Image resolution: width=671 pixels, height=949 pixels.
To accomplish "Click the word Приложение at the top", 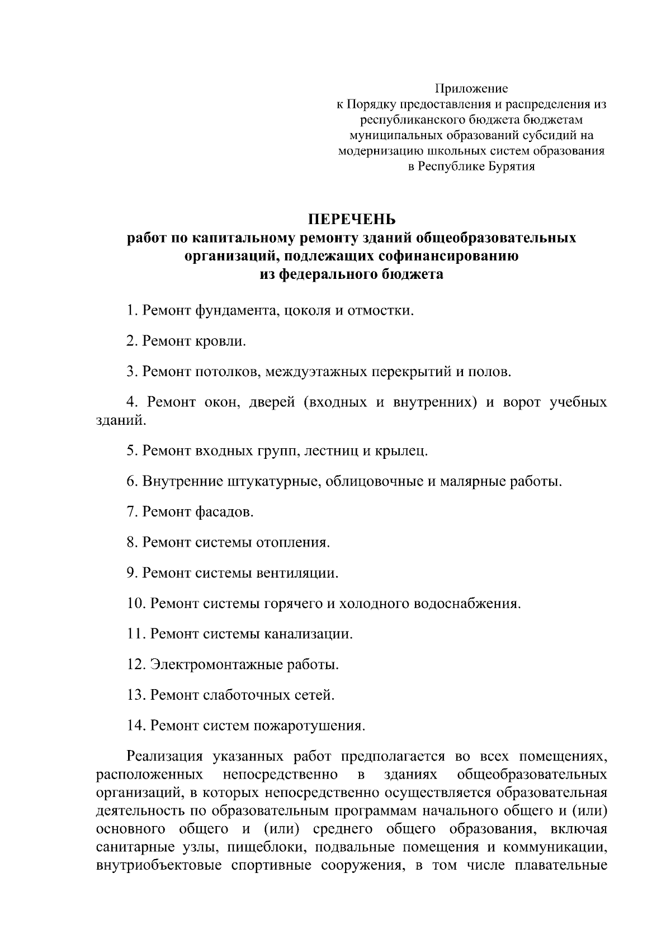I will pyautogui.click(x=471, y=89).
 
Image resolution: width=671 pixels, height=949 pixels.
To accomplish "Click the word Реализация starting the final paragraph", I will pyautogui.click(x=164, y=757).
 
